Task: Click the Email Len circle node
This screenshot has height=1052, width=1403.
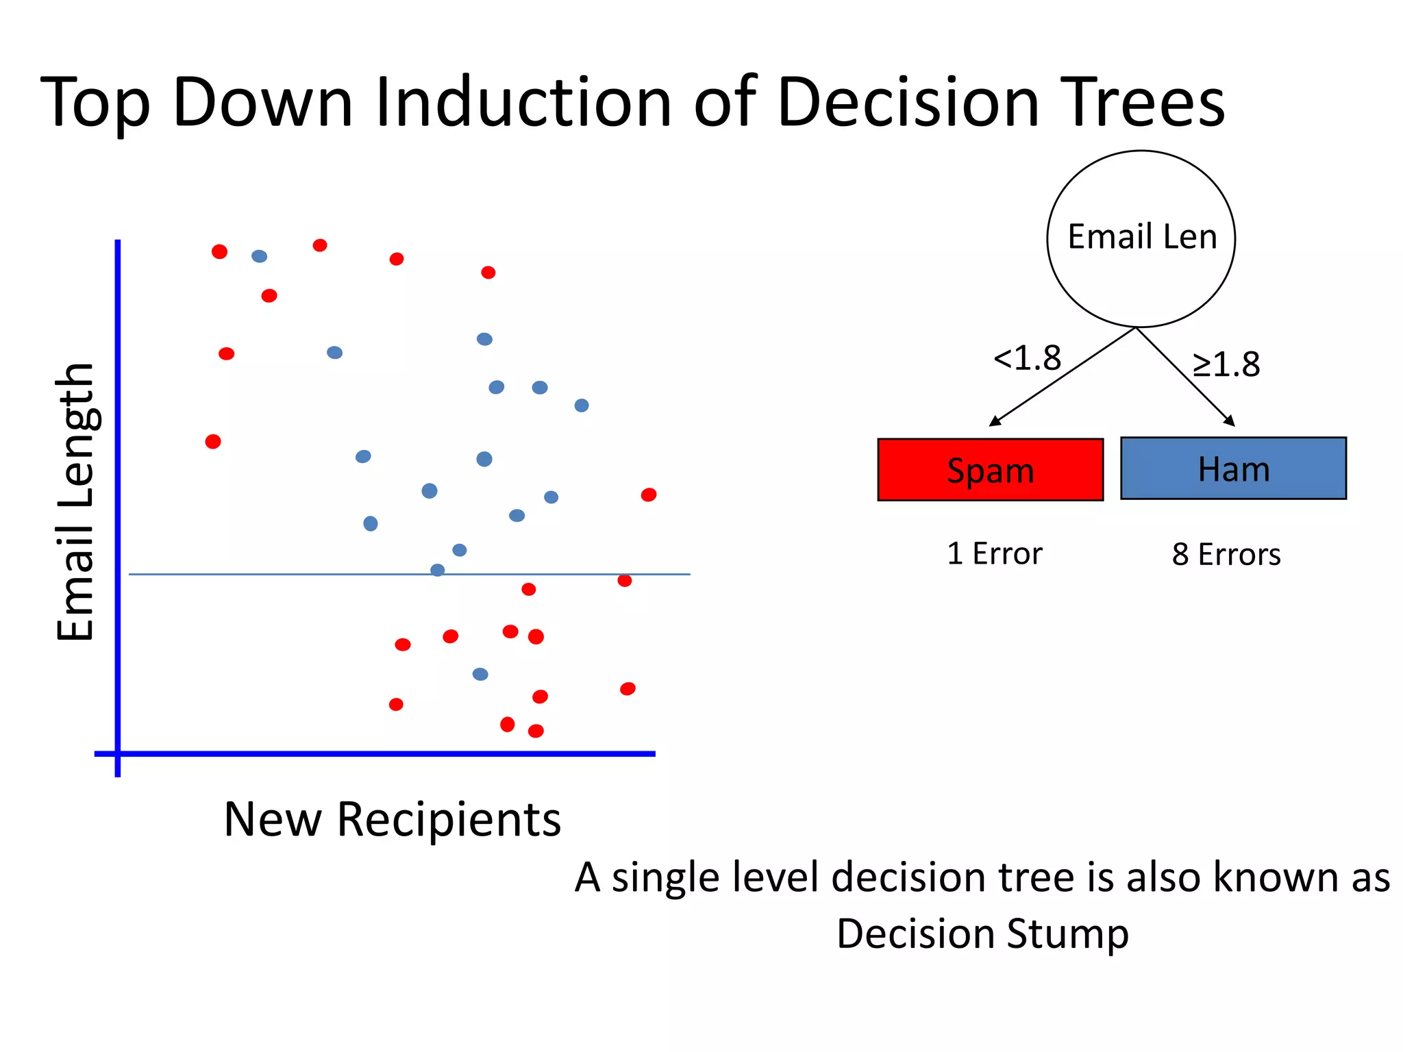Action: [1141, 238]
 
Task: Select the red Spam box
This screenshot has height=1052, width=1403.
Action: [990, 470]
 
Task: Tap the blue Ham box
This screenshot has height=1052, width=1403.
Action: [1233, 468]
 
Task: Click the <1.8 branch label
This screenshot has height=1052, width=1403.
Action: [1027, 358]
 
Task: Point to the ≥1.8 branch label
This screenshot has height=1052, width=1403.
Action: [1226, 364]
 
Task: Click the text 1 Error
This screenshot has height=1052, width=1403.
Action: [994, 553]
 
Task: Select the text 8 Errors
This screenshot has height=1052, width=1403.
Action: [1226, 554]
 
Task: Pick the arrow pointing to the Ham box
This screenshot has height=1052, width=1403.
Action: [1186, 377]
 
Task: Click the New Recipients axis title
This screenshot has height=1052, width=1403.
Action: [392, 819]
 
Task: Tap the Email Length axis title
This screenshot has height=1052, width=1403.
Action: [75, 502]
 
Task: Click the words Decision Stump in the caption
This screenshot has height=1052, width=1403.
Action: [982, 934]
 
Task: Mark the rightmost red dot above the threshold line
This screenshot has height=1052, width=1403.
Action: [649, 494]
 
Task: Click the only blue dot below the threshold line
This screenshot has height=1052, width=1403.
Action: [480, 674]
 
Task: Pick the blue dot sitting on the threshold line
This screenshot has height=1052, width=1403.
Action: [437, 570]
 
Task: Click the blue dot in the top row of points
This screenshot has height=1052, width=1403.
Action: [259, 256]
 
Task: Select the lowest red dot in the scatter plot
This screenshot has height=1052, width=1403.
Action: [536, 731]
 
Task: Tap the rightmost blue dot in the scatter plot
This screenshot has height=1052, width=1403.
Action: [582, 405]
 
